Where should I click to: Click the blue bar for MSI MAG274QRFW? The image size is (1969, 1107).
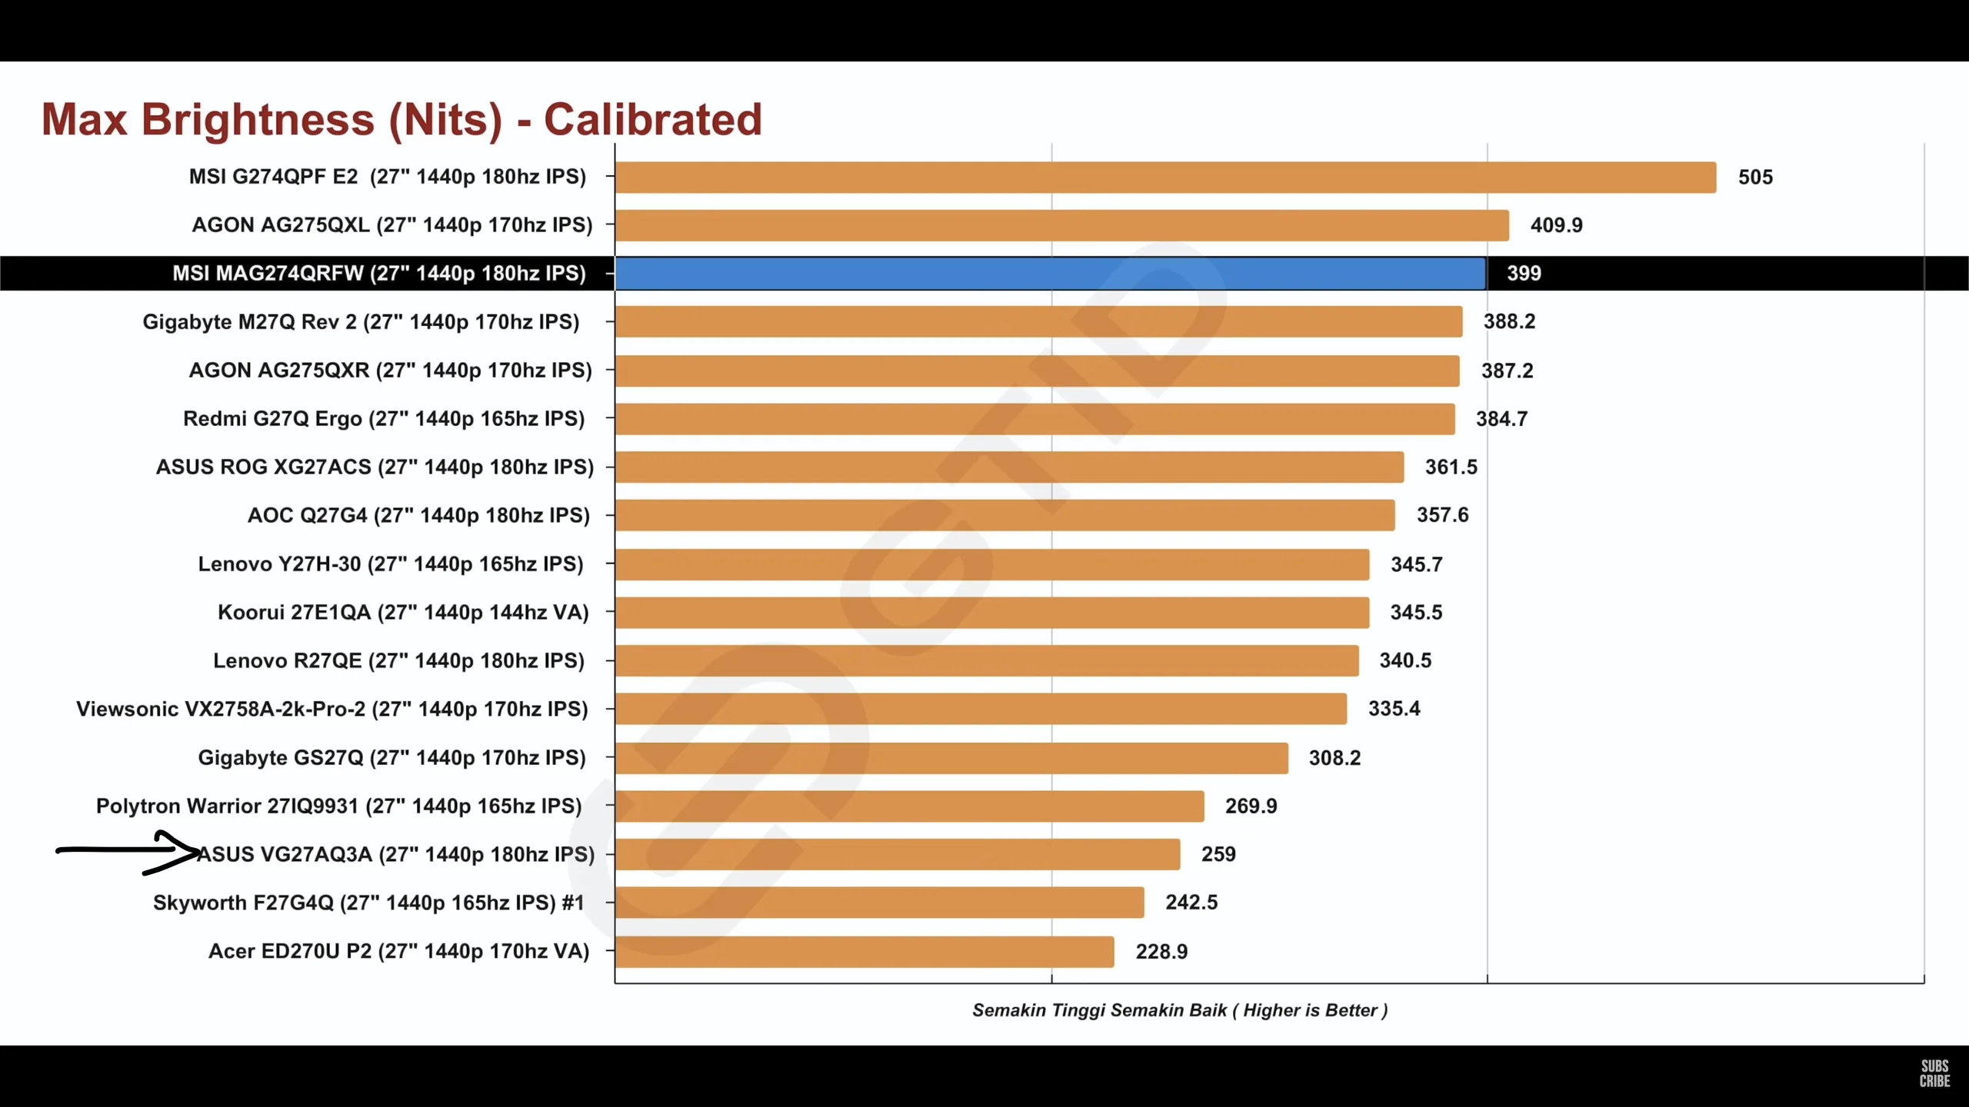point(1050,274)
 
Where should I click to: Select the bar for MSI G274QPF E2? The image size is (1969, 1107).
point(1165,177)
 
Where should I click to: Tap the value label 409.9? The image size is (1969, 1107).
point(1556,225)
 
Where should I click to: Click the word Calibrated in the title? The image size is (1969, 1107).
point(652,120)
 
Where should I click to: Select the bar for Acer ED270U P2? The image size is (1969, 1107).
point(864,952)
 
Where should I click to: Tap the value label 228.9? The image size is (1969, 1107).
point(1161,952)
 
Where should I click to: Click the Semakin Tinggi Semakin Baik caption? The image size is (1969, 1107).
point(1180,1010)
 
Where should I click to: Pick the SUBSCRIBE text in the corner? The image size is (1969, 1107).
point(1934,1073)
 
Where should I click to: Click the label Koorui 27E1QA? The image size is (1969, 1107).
point(403,613)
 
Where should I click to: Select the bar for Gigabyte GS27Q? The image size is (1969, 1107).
point(951,758)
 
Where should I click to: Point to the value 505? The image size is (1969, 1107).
point(1755,178)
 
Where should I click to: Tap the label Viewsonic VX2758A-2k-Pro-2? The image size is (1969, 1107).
point(331,709)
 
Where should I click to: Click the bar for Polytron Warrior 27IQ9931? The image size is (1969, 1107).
point(909,806)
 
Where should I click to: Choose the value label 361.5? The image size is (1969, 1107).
point(1451,467)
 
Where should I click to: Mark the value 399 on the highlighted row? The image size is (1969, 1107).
point(1523,274)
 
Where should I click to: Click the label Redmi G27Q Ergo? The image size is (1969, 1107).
point(384,419)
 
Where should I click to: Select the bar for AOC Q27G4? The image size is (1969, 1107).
point(1004,515)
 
